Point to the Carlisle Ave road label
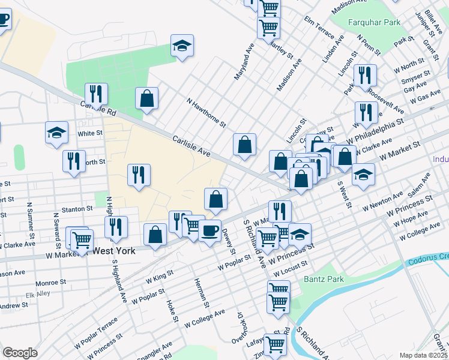(x=191, y=146)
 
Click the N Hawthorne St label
(x=206, y=113)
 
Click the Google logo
(x=20, y=353)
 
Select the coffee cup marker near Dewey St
(x=209, y=230)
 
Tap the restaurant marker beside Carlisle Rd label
(x=96, y=94)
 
